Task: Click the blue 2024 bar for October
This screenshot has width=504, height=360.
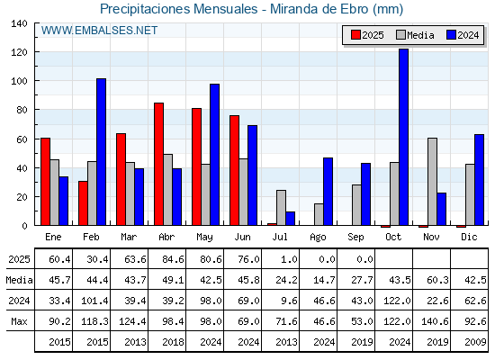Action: pyautogui.click(x=403, y=137)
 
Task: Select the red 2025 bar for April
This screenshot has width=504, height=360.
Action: pyautogui.click(x=158, y=164)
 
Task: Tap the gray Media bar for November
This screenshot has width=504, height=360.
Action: pyautogui.click(x=432, y=182)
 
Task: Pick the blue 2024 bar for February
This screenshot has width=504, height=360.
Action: pyautogui.click(x=101, y=152)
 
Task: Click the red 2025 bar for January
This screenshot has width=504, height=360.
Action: pyautogui.click(x=45, y=182)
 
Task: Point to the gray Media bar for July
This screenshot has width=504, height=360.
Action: pyautogui.click(x=281, y=208)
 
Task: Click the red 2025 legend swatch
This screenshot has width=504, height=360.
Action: pyautogui.click(x=355, y=35)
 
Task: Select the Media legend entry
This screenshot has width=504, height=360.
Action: pyautogui.click(x=415, y=35)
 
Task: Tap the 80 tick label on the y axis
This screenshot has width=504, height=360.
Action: pyautogui.click(x=22, y=110)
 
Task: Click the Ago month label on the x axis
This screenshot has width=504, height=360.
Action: pyautogui.click(x=318, y=238)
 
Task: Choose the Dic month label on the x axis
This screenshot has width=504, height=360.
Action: pyautogui.click(x=469, y=237)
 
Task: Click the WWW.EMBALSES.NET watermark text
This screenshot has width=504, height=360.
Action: pyautogui.click(x=99, y=31)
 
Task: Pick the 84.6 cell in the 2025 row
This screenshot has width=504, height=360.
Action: pyautogui.click(x=173, y=259)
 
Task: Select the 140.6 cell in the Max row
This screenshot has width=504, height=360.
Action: pyautogui.click(x=434, y=321)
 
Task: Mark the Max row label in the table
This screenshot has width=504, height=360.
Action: pyautogui.click(x=19, y=321)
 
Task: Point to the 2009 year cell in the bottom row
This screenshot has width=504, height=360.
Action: pyautogui.click(x=475, y=342)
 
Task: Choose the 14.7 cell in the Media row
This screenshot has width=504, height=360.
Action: pyautogui.click(x=324, y=280)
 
